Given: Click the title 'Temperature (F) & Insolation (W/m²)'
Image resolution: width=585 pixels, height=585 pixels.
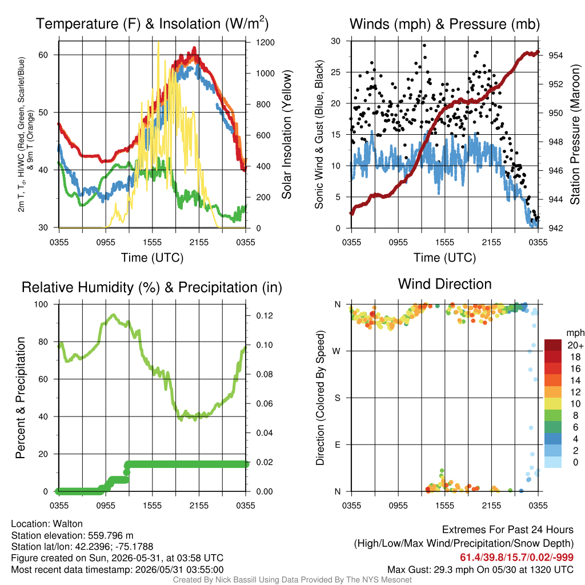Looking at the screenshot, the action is click(152, 23).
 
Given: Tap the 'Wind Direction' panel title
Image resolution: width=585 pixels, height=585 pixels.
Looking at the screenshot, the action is click(444, 284).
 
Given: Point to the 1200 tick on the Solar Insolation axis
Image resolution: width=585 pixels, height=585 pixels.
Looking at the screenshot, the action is click(265, 42).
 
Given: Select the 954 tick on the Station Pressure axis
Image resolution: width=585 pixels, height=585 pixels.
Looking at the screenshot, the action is click(555, 55).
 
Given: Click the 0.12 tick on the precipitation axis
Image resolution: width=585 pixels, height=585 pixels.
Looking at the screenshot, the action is click(265, 315).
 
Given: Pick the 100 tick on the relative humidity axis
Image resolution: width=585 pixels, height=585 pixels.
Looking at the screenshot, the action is click(41, 304).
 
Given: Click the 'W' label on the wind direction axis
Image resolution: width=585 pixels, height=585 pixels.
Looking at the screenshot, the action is click(336, 351).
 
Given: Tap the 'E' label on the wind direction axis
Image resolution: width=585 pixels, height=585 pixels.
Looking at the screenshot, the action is click(337, 444).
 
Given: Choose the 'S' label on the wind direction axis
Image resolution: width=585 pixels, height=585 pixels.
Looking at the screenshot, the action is click(337, 398).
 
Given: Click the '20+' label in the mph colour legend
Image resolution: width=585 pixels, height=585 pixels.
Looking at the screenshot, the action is click(575, 346).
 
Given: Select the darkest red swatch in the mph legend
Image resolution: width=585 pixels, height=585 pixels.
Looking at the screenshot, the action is click(553, 345).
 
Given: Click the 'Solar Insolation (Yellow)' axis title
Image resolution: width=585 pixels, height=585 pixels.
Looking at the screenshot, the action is click(286, 135).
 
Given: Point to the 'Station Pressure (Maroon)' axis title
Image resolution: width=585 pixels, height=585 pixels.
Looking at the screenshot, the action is click(575, 134).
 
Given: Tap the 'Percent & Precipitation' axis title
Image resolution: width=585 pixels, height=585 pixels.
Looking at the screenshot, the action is click(20, 398).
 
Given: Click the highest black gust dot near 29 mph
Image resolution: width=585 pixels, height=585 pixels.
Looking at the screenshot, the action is click(424, 46).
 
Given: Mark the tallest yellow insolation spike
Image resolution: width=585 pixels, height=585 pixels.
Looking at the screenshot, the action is click(159, 42).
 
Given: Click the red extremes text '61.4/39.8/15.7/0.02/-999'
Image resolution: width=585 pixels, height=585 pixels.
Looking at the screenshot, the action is click(516, 558).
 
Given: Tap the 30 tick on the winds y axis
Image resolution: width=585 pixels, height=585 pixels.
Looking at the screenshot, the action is click(336, 41).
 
